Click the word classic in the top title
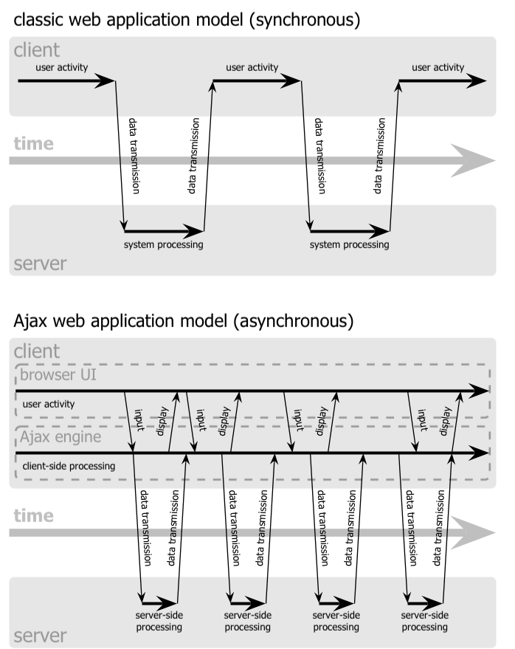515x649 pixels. point(42,20)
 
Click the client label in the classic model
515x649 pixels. point(37,52)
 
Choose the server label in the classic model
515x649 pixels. point(41,264)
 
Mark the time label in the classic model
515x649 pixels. point(33,143)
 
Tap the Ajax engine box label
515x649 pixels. point(61,438)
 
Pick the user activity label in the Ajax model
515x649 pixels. point(49,404)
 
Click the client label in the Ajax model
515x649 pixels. point(37,351)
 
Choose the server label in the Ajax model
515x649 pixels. point(41,635)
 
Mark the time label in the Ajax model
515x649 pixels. point(33,515)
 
